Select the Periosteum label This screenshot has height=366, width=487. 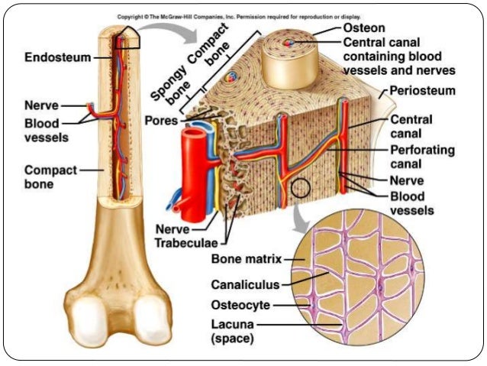(422, 92)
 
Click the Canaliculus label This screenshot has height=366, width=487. (246, 285)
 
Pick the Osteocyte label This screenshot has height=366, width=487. (242, 306)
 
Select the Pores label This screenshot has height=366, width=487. (161, 121)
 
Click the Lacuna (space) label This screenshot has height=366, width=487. (234, 330)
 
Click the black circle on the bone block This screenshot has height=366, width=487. (300, 189)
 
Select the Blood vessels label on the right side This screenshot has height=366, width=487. (411, 202)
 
